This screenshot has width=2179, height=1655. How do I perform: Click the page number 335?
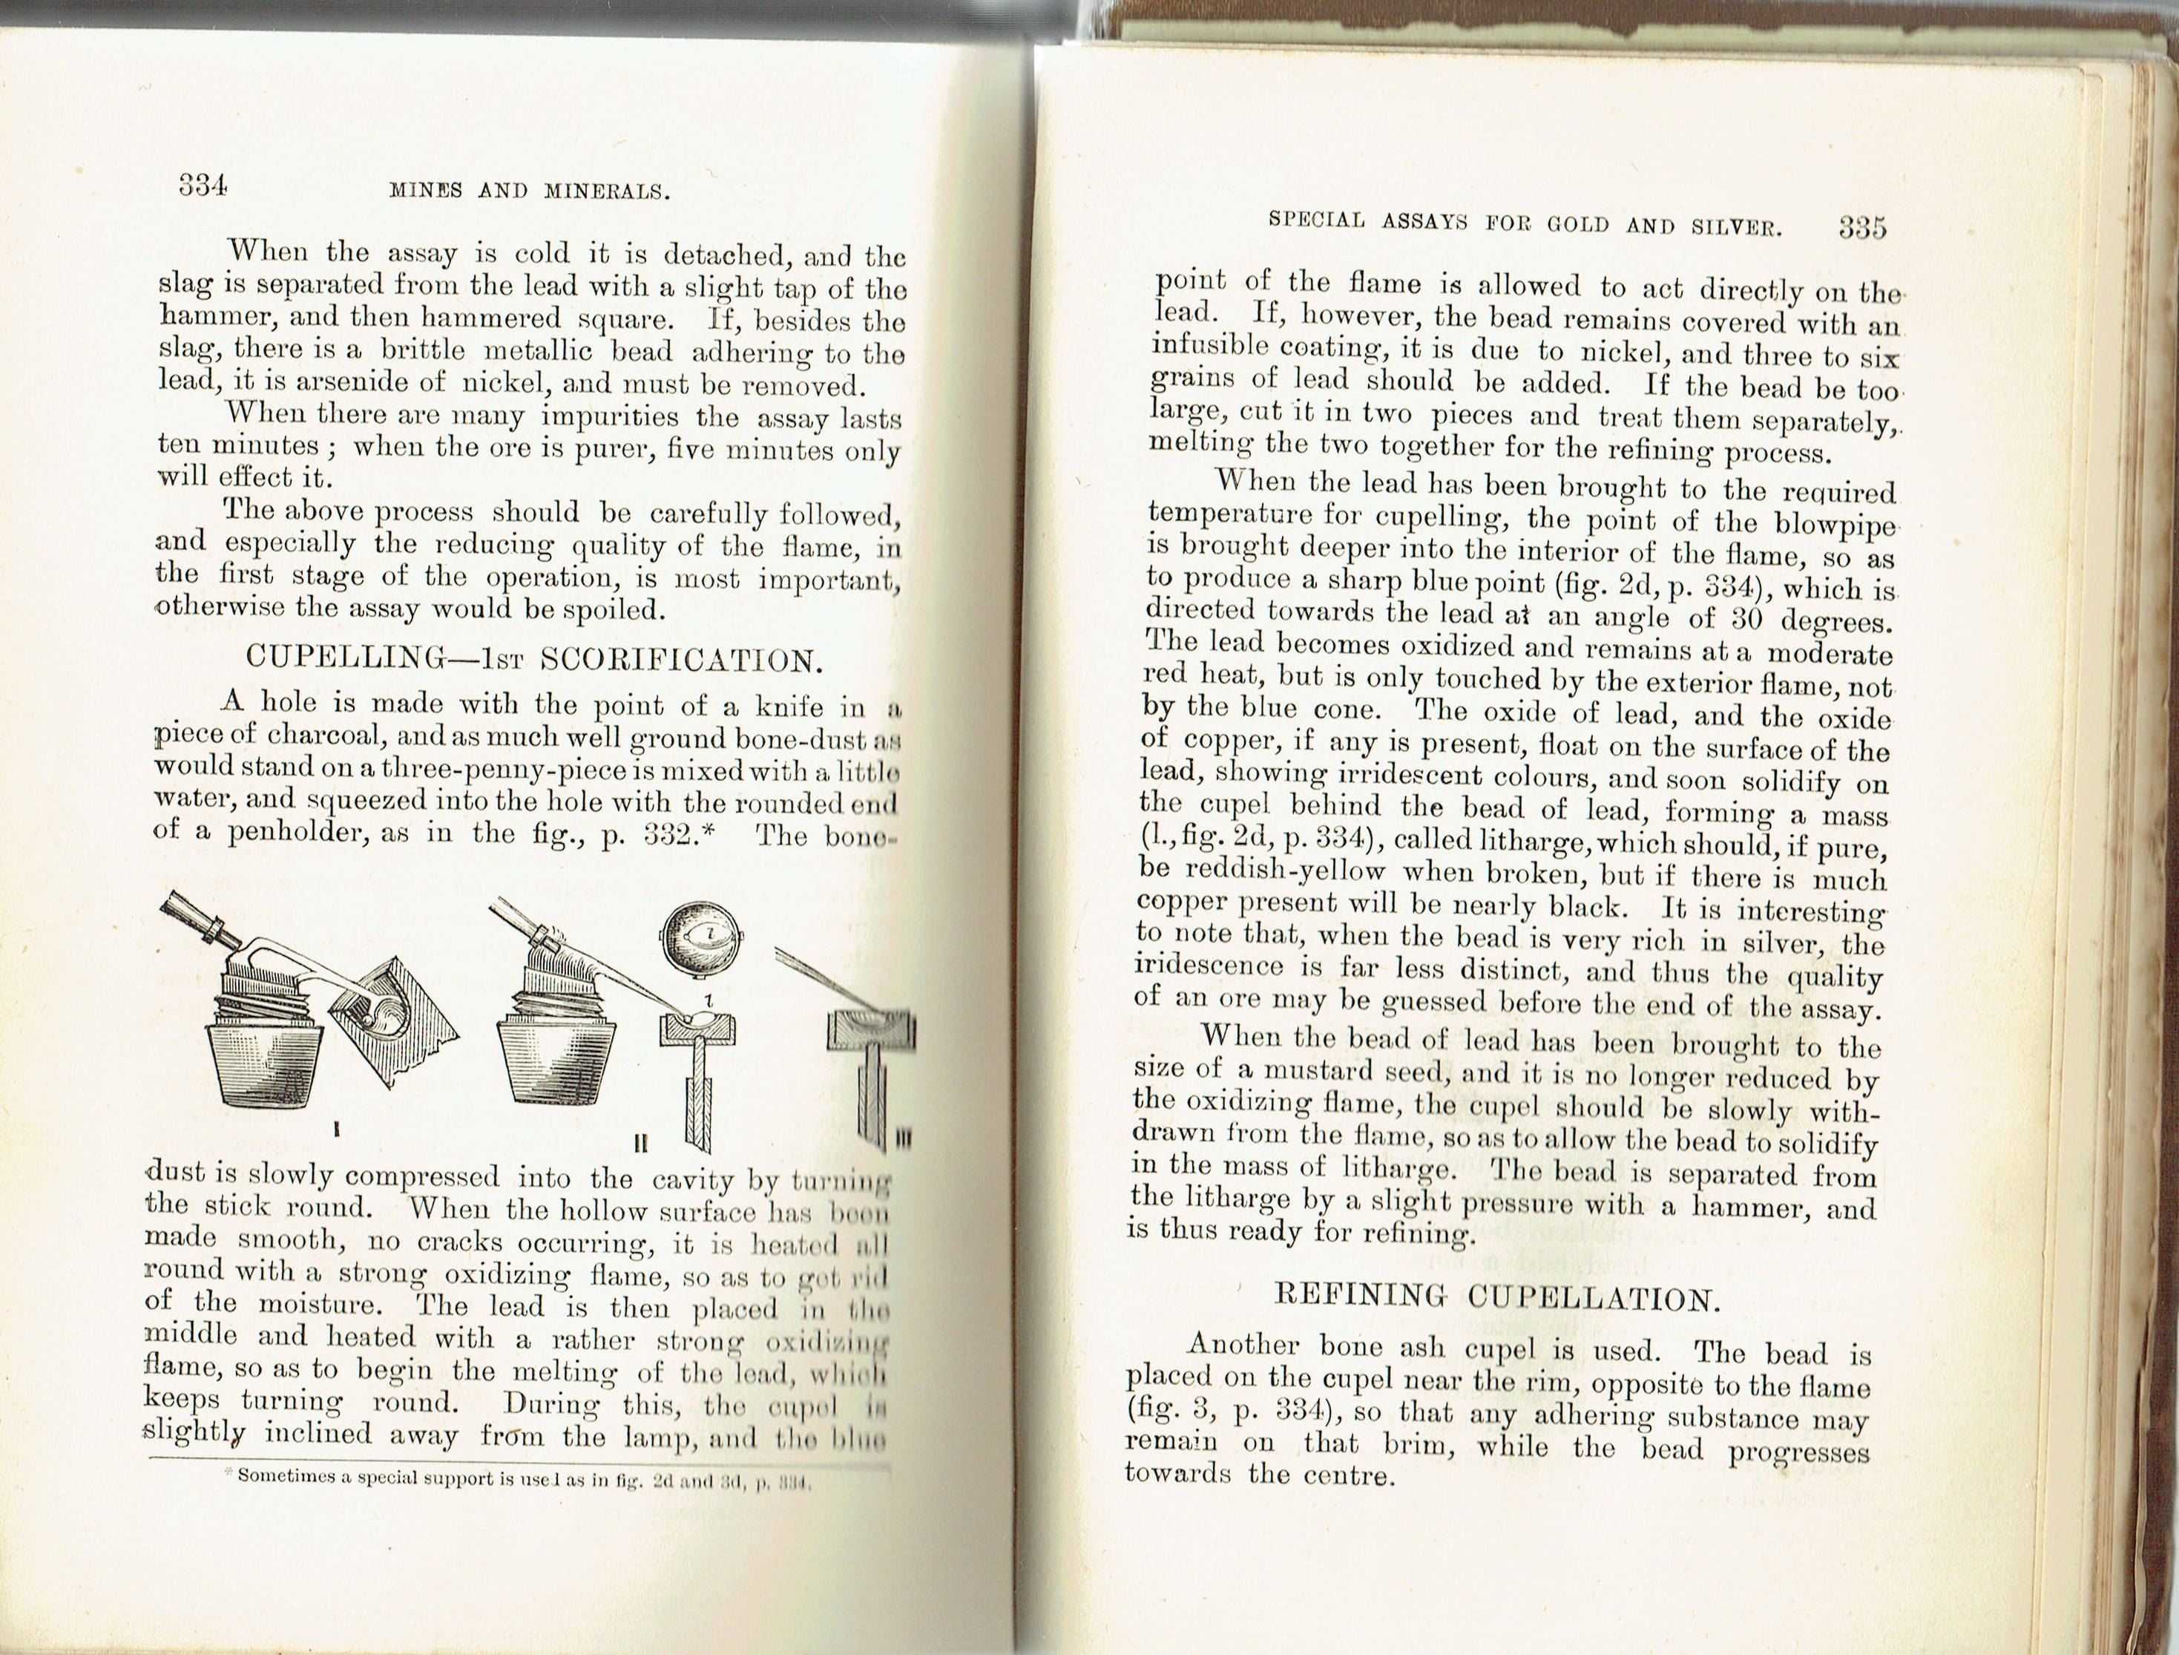(x=1861, y=228)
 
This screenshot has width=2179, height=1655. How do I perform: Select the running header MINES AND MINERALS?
(x=530, y=191)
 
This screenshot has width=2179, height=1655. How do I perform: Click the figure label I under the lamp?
(x=337, y=1130)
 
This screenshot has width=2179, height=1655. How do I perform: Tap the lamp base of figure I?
(x=267, y=1064)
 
